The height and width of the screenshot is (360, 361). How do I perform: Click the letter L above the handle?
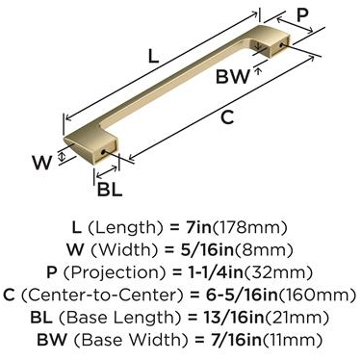point(154,55)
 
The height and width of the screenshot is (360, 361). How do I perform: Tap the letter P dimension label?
point(302,14)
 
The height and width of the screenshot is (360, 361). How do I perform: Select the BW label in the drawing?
point(233,77)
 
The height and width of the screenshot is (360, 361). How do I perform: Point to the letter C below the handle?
point(227,117)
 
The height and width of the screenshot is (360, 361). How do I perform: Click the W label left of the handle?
point(41,162)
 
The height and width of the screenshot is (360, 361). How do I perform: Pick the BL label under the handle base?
point(110,189)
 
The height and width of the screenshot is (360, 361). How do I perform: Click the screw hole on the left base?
point(103,151)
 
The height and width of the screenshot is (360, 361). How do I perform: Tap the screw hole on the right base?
point(281,45)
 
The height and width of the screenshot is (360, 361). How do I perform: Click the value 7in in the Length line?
point(199,227)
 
